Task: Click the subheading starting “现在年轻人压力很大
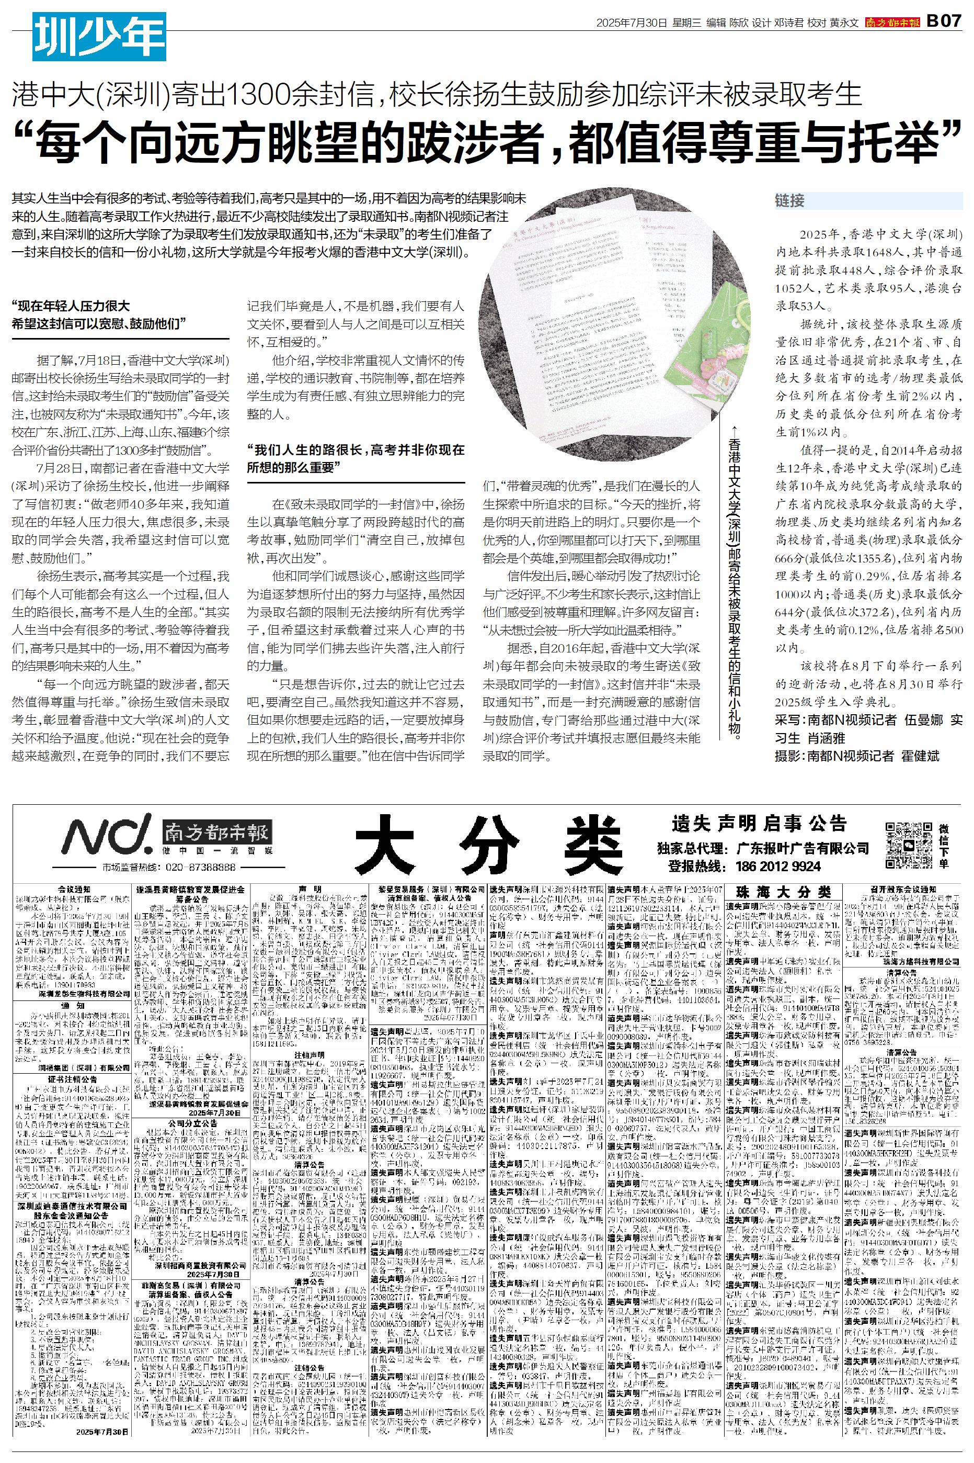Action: click(99, 314)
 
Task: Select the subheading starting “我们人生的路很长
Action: click(356, 459)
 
